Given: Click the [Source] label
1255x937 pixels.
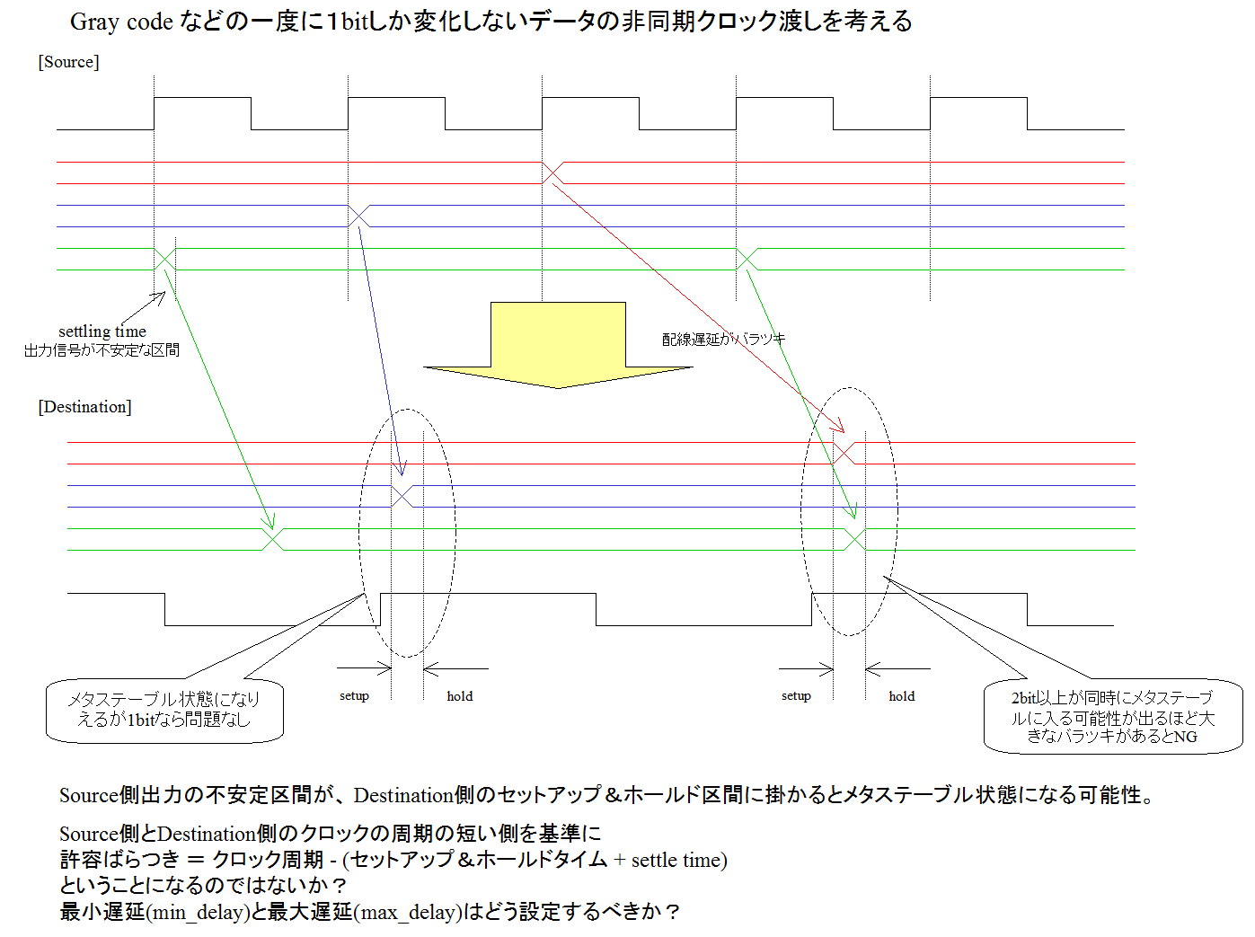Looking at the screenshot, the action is [68, 62].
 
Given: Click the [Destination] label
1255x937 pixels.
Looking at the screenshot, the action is [84, 407].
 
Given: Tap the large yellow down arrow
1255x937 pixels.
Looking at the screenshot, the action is [558, 345].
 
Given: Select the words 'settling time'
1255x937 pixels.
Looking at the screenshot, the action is [102, 331].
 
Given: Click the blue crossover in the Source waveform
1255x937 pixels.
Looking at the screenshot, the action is [359, 217].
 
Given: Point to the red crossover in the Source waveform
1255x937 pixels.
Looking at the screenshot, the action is [552, 172].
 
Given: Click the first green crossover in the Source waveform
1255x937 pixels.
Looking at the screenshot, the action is [164, 259].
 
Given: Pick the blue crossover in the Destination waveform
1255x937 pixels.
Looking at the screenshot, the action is [402, 496].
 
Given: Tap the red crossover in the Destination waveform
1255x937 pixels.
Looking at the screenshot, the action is [844, 454].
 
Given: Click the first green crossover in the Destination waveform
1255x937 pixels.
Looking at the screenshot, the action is [273, 540].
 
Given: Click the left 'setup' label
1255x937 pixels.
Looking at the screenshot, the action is [354, 695].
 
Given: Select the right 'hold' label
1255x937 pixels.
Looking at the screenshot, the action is [902, 695].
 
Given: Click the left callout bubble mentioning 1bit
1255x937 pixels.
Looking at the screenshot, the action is [164, 711].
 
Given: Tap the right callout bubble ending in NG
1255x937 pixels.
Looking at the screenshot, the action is [1113, 716].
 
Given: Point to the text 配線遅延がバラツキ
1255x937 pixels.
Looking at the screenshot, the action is [723, 339].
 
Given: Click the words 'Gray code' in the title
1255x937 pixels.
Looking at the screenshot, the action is [121, 22].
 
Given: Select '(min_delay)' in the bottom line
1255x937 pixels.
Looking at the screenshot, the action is [199, 911].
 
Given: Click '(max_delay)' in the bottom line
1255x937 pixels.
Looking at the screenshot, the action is [408, 911].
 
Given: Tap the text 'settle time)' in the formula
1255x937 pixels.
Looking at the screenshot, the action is [679, 860].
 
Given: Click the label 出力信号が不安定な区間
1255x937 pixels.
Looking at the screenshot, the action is [102, 350].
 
